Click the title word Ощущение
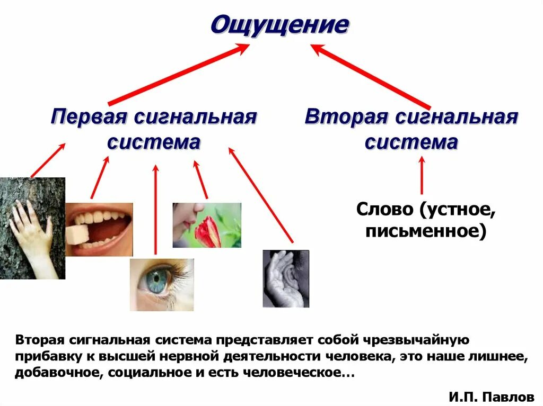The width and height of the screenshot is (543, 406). point(280,25)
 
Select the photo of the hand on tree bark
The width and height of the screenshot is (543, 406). point(32,228)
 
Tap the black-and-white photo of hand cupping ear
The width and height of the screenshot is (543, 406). point(286,278)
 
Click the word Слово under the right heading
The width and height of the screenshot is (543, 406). point(385,209)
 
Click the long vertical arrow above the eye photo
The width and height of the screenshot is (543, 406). point(155,209)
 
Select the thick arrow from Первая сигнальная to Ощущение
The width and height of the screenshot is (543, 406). point(178,74)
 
